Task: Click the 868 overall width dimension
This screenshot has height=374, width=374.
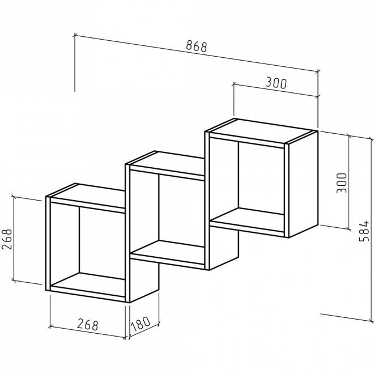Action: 197,46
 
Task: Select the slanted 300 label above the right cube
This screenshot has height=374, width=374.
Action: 276,83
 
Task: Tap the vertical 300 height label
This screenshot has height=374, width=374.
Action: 342,183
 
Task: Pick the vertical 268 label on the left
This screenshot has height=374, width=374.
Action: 7,239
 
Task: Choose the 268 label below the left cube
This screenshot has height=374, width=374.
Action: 87,325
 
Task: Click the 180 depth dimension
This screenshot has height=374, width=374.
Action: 141,324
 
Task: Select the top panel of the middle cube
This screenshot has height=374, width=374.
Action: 167,164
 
